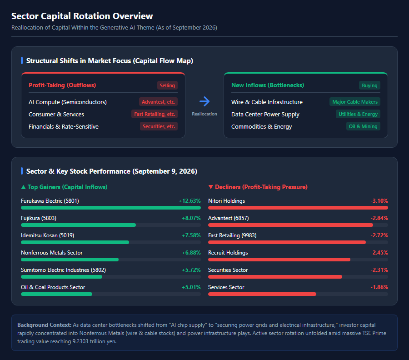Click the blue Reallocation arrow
coord(204,101)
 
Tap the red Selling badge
coord(167,85)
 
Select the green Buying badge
coord(369,85)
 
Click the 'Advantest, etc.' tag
coord(158,102)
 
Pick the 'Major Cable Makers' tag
coord(355,102)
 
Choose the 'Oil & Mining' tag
coord(363,126)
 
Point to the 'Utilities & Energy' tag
coord(358,114)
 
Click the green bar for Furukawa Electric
coord(111,208)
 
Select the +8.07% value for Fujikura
coord(191,218)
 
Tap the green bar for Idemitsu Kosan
coord(75,242)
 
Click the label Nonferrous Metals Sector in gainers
coord(52,253)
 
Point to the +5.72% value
coord(191,270)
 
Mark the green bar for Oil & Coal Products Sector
coord(57,294)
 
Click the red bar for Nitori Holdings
coord(298,208)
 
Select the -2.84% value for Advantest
coord(379,218)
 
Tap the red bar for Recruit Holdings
coord(279,260)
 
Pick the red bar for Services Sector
coord(262,294)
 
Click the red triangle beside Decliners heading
coord(211,187)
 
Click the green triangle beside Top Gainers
coord(23,187)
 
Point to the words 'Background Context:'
coord(45,325)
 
